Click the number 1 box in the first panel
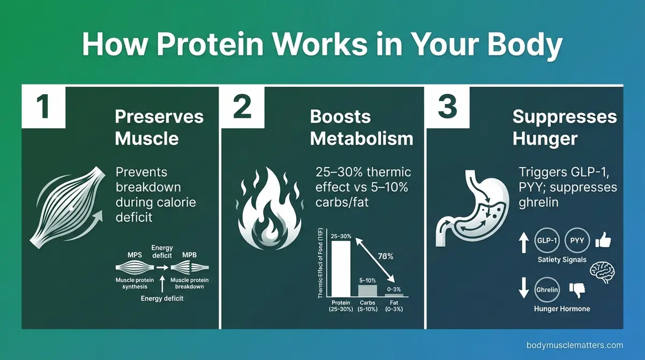click(43, 107)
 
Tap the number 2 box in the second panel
click(242, 107)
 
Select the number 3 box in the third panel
click(447, 107)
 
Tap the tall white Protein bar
click(341, 268)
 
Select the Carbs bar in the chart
click(367, 290)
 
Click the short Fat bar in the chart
click(394, 295)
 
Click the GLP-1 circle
click(547, 241)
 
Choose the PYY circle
click(577, 241)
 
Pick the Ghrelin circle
click(547, 289)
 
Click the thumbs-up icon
click(603, 240)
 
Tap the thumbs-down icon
click(577, 290)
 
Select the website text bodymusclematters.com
click(575, 346)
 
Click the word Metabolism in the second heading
click(362, 139)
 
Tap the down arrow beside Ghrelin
click(523, 288)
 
